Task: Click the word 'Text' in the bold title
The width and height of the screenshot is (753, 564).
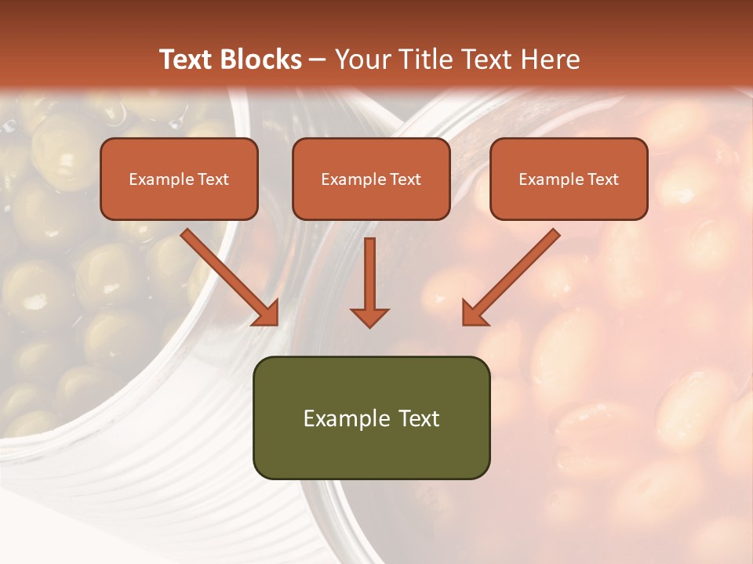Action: coord(187,60)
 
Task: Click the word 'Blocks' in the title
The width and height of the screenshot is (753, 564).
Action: coord(263,60)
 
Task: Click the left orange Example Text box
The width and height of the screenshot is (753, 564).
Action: coord(179,179)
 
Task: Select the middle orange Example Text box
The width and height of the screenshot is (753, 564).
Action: coord(371,179)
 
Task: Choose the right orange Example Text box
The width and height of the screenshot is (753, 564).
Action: coord(569,179)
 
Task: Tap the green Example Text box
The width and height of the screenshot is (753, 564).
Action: coord(371,418)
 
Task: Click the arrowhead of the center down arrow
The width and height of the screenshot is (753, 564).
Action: coord(369,316)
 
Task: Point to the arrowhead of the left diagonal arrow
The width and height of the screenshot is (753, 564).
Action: coord(267,313)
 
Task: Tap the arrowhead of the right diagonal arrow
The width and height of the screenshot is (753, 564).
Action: coord(474,313)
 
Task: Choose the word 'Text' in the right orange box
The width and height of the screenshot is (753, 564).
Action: coord(602,179)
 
